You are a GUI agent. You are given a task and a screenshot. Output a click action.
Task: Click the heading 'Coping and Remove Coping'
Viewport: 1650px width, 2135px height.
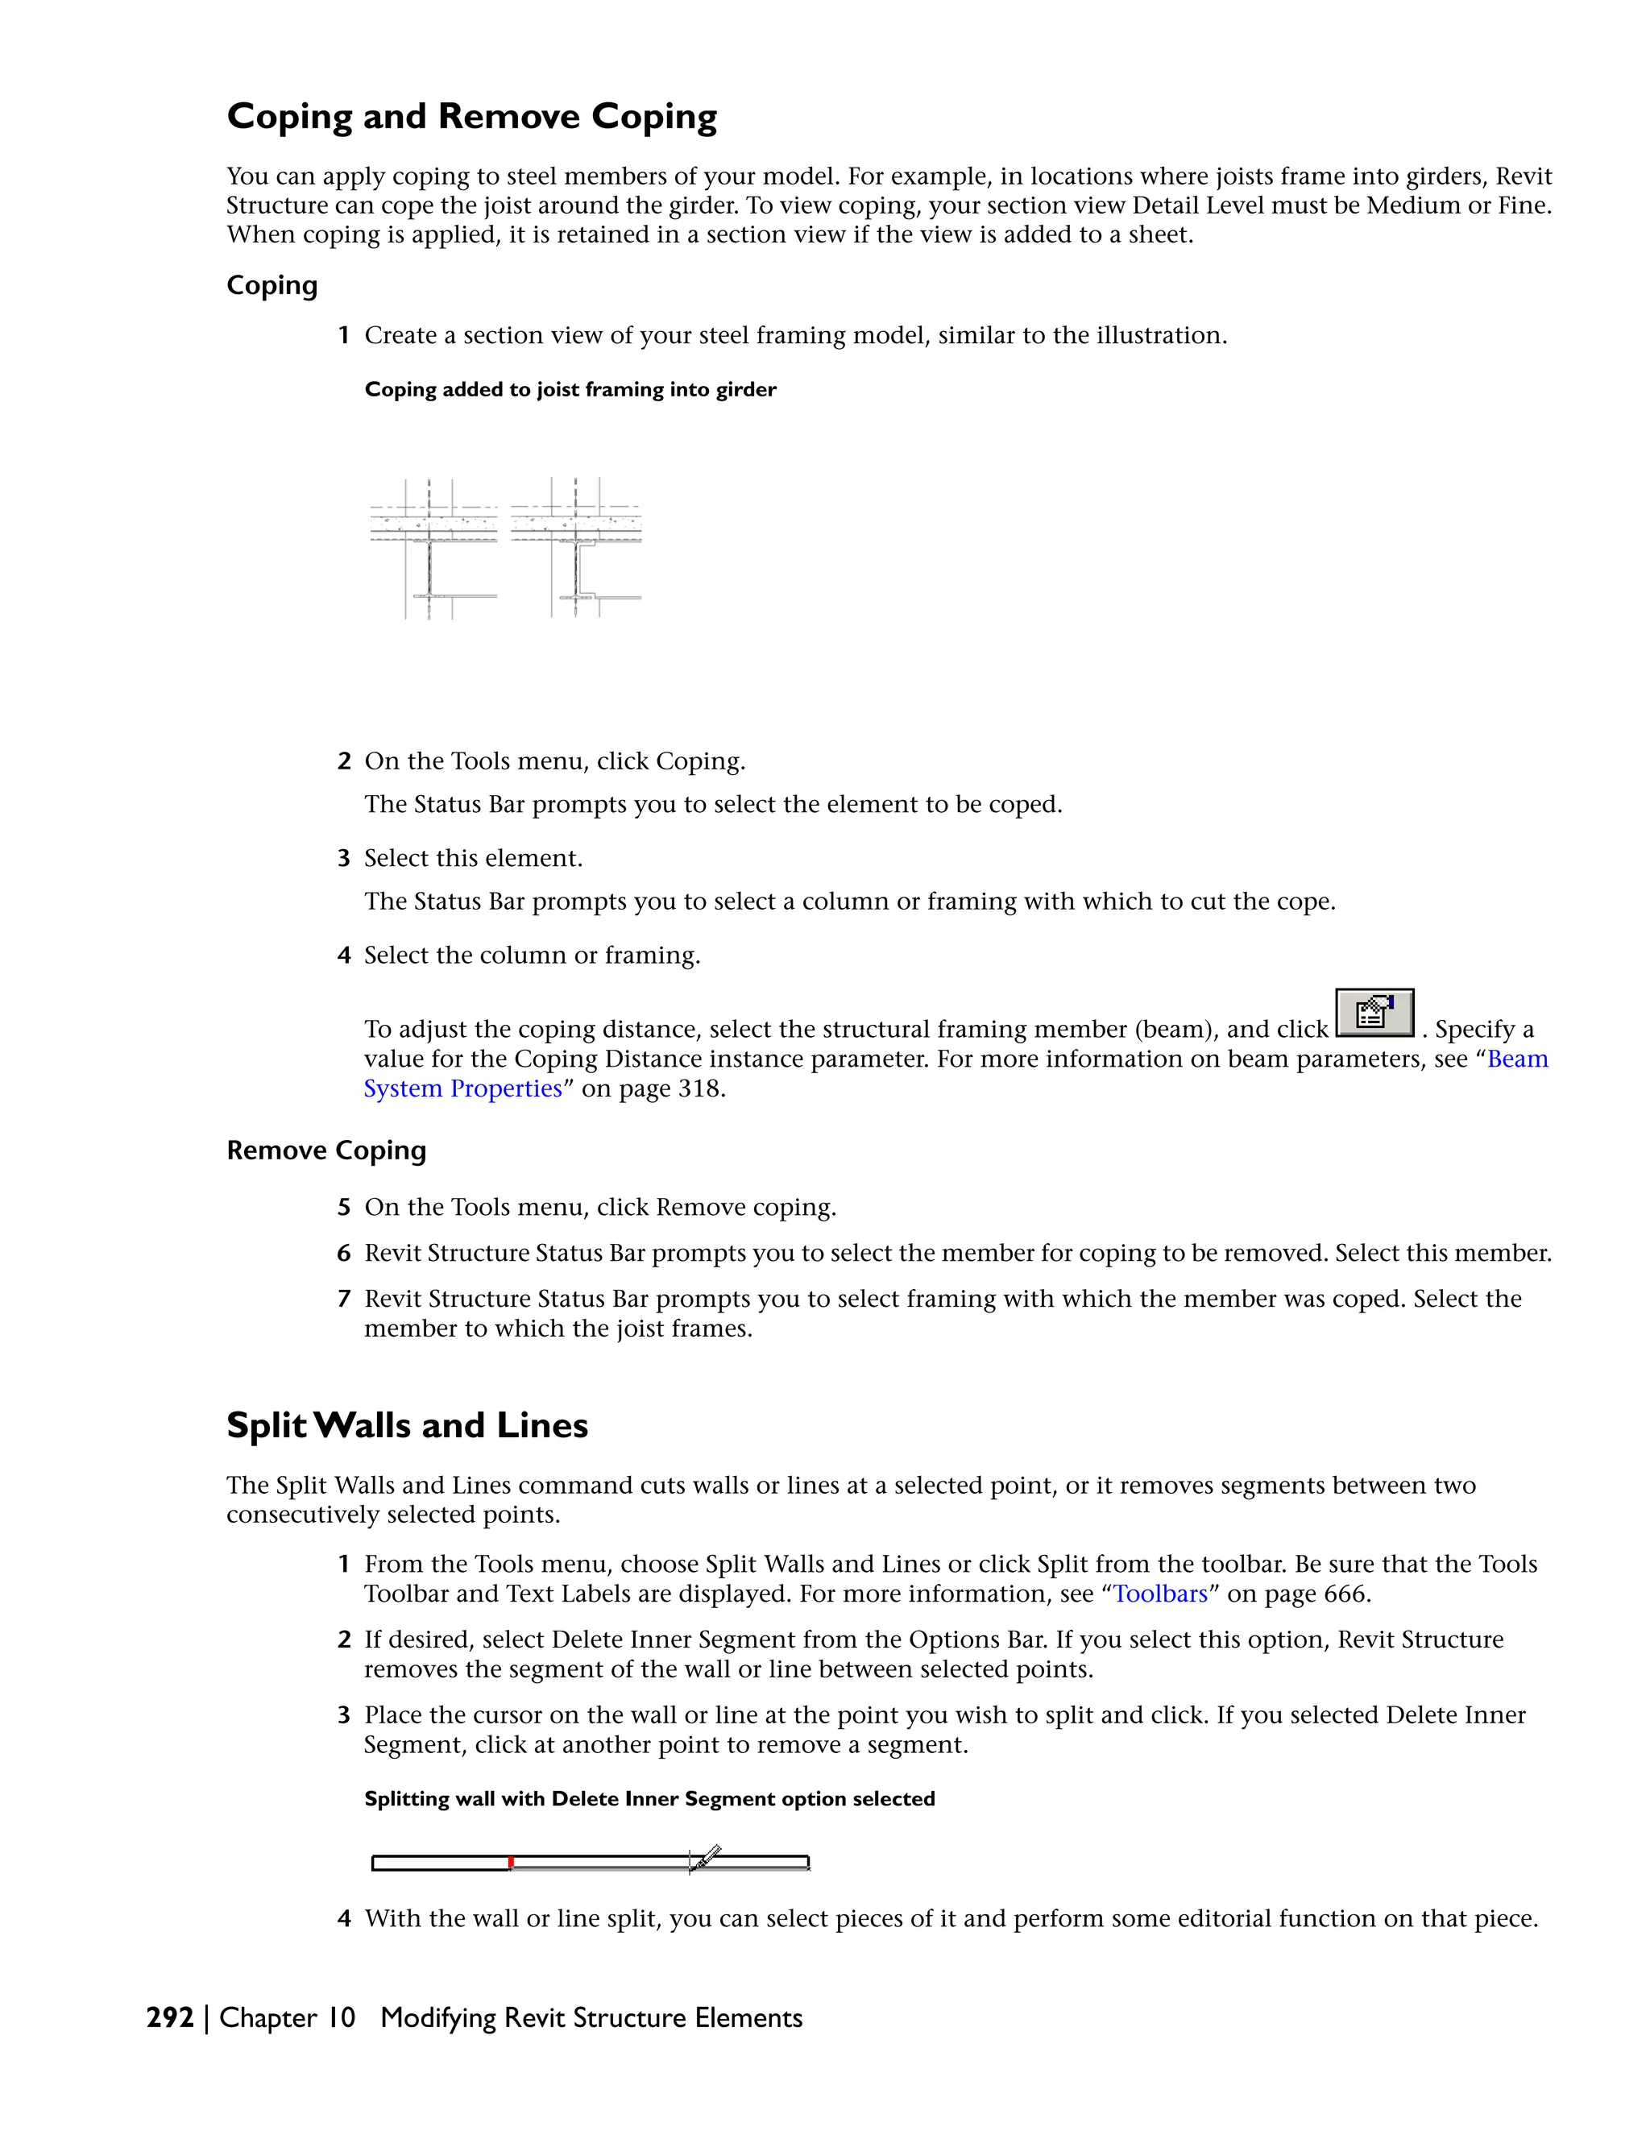[471, 116]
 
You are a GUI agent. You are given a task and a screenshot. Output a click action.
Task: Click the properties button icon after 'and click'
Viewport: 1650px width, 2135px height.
[1374, 1013]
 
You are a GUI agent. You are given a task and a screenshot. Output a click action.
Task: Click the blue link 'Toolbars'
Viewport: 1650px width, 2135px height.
[1160, 1594]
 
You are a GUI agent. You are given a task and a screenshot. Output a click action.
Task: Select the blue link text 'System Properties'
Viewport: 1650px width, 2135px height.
[462, 1089]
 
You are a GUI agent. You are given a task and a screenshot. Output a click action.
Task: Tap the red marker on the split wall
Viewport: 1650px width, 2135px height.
[510, 1861]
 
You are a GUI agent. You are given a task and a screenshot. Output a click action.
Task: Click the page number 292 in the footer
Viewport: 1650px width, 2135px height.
[170, 2017]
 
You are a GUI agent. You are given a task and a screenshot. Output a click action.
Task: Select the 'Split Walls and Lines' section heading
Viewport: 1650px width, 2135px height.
[407, 1425]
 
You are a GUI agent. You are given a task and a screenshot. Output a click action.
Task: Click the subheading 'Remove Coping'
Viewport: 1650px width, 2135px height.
[326, 1150]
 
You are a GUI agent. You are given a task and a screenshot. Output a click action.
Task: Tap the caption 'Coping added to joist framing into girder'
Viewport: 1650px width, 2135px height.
[570, 390]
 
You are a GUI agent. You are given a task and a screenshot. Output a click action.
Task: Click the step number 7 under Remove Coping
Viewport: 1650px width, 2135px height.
[343, 1300]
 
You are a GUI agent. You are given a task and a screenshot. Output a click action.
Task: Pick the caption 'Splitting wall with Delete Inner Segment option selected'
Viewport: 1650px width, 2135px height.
[649, 1800]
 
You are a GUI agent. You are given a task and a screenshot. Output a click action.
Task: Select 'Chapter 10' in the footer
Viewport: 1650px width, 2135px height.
[288, 2017]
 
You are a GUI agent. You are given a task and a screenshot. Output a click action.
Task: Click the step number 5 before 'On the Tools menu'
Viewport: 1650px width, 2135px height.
[343, 1208]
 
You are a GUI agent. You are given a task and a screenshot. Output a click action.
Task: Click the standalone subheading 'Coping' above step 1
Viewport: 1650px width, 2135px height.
[272, 285]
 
